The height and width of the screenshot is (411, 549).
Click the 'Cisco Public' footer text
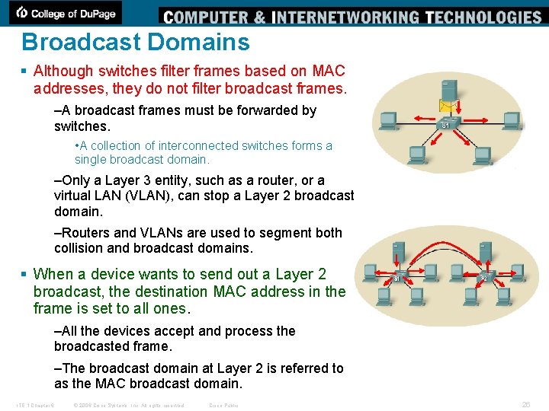point(223,405)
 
